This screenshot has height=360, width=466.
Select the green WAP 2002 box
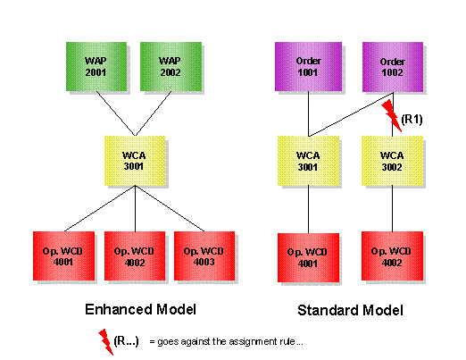click(169, 67)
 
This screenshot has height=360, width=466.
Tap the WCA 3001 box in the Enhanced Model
click(135, 159)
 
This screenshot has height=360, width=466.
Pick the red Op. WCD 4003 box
click(204, 257)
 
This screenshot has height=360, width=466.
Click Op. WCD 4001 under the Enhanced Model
click(62, 257)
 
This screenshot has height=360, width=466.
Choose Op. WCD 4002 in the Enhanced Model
click(134, 257)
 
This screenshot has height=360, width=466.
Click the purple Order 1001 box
click(307, 67)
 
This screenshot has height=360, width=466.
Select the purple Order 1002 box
click(393, 67)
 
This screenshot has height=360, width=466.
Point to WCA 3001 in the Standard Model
click(307, 160)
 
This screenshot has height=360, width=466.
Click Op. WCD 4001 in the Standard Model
click(307, 258)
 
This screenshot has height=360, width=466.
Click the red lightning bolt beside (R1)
click(390, 115)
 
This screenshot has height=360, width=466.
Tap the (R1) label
click(412, 118)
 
